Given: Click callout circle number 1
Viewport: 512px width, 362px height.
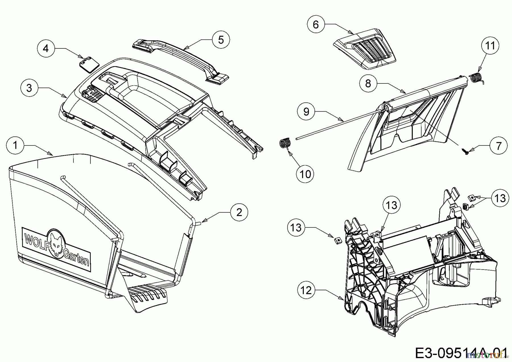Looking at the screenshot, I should coord(15,145).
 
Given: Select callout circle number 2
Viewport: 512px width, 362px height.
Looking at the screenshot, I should coord(239,212).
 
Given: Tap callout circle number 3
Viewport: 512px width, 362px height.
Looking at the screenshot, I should coord(30,88).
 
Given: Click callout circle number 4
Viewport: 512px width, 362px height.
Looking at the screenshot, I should coord(46,48).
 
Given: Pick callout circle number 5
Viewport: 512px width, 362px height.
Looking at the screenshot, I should coord(221,40).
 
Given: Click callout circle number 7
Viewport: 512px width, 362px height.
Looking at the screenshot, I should coord(498,146).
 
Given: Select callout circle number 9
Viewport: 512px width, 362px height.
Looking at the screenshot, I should coord(306,112).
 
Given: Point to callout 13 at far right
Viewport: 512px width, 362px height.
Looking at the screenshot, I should coord(500,198).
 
